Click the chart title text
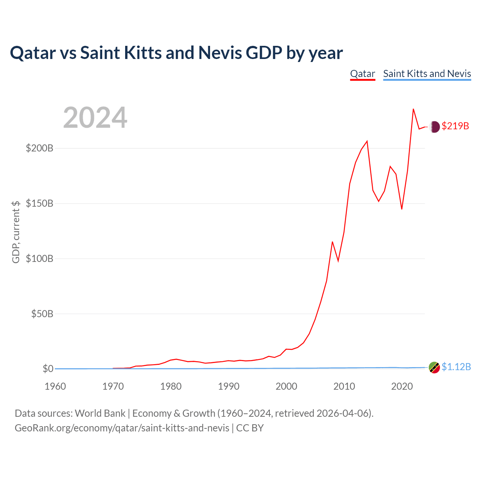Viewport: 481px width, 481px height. (x=176, y=53)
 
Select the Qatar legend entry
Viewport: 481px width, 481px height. (x=362, y=74)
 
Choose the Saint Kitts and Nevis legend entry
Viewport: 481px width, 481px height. (x=427, y=74)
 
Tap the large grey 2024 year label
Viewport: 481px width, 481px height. (x=95, y=117)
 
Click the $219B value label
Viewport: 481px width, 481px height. (x=455, y=126)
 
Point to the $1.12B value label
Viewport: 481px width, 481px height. (x=456, y=367)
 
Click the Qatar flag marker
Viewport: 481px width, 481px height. (x=434, y=127)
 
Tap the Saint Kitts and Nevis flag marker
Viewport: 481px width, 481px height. (x=434, y=368)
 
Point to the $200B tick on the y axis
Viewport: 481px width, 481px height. (x=39, y=148)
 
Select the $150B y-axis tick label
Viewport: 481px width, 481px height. (x=39, y=203)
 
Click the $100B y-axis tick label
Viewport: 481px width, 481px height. (x=39, y=259)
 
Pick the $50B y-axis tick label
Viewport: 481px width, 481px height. (x=42, y=314)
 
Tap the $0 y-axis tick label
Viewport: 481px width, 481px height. (x=48, y=369)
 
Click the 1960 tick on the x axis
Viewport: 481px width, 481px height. (x=55, y=386)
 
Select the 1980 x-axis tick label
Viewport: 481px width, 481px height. (x=171, y=386)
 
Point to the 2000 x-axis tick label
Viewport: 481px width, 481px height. (x=286, y=386)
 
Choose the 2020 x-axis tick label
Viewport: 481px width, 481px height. (x=402, y=386)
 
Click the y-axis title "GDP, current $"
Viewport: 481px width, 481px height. (x=16, y=232)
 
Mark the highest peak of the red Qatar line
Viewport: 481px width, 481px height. (x=413, y=109)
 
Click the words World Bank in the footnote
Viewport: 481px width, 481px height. (x=100, y=414)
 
